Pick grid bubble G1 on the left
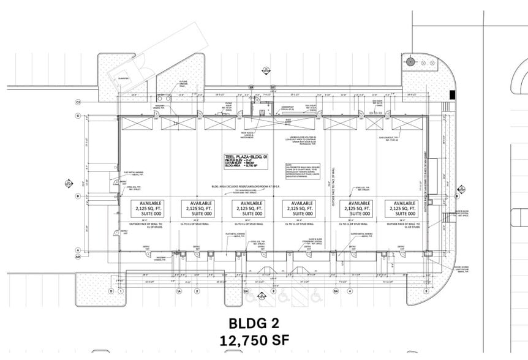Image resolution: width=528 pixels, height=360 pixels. pyautogui.click(x=78, y=101)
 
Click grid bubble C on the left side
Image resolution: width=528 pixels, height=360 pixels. pyautogui.click(x=78, y=115)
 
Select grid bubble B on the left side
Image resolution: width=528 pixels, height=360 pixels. pyautogui.click(x=78, y=196)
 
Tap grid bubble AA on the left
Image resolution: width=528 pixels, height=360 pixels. pyautogui.click(x=78, y=257)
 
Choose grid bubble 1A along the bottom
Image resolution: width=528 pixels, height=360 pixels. pyautogui.click(x=179, y=291)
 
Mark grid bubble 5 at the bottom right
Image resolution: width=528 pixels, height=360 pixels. pyautogui.click(x=424, y=291)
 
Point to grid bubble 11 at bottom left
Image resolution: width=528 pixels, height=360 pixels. pyautogui.click(x=111, y=291)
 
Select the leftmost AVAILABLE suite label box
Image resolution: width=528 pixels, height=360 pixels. pyautogui.click(x=149, y=208)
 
